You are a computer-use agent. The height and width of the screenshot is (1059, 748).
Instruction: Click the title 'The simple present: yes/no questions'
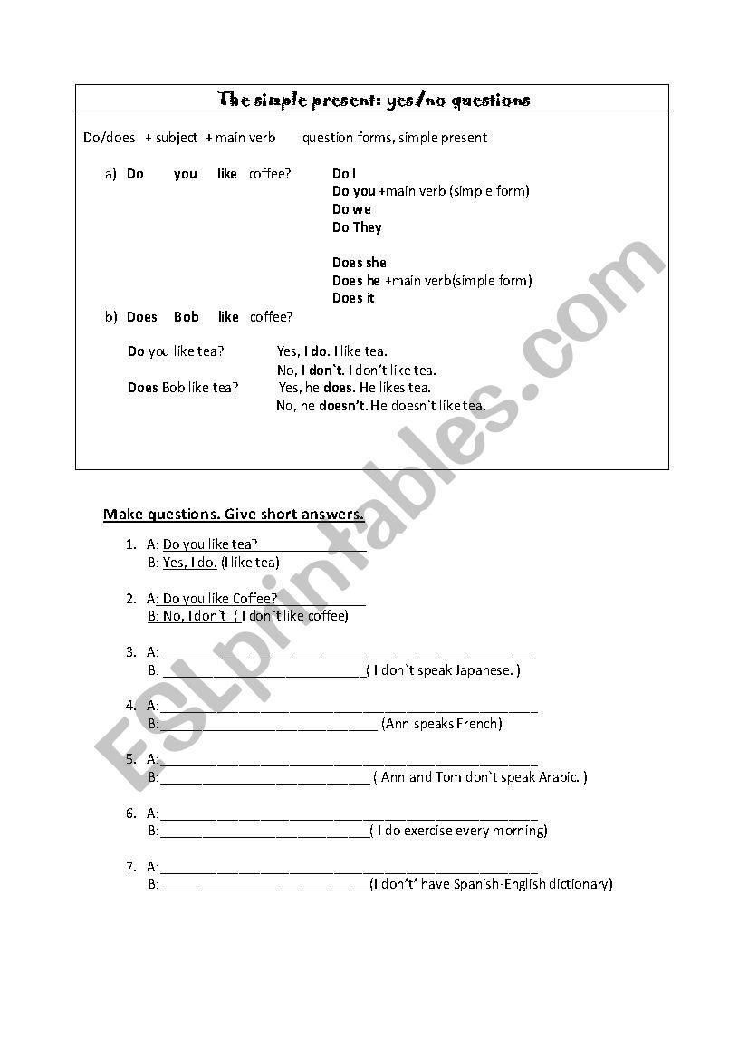(374, 100)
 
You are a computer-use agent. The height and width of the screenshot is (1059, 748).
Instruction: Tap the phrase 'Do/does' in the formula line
(109, 138)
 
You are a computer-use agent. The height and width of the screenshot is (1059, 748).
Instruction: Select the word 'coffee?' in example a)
(270, 174)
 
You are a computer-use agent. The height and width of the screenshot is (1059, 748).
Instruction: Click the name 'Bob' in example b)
(187, 317)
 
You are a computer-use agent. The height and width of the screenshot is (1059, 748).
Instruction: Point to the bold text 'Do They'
(357, 227)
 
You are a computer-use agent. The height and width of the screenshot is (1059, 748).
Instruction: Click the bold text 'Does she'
(359, 263)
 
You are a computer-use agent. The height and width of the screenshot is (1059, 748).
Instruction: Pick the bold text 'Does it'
(353, 298)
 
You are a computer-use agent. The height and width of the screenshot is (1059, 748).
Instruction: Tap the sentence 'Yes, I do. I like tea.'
(333, 351)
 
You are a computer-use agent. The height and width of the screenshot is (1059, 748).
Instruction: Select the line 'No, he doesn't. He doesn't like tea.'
(380, 406)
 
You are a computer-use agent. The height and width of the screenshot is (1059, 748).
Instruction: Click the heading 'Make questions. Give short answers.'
(234, 515)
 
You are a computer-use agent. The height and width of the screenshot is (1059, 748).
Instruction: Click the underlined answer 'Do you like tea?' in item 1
(210, 544)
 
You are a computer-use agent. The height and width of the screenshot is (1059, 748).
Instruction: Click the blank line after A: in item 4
(349, 707)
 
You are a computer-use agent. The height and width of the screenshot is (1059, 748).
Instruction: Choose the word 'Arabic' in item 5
(558, 777)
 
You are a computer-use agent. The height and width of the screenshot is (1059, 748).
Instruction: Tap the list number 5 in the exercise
(131, 759)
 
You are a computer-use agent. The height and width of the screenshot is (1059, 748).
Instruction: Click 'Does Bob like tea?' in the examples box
(183, 388)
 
